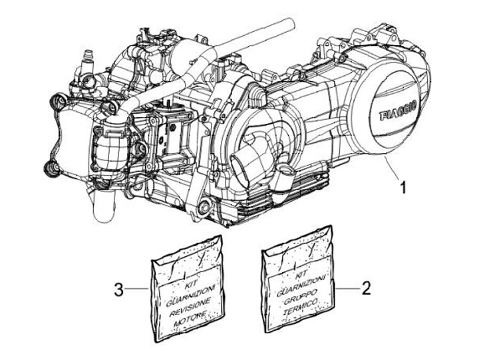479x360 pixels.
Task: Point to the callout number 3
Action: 118,289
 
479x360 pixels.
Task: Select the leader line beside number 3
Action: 136,289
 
